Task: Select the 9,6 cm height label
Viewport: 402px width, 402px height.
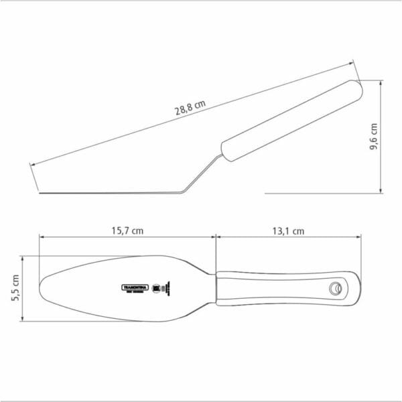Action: [x=374, y=137]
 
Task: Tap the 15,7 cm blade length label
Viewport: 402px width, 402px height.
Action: [x=127, y=230]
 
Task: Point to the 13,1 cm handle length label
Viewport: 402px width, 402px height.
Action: [x=289, y=230]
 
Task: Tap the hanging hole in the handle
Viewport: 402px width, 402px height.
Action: [x=334, y=289]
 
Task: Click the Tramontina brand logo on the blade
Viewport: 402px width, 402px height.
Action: [x=134, y=287]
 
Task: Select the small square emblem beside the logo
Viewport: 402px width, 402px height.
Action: [x=157, y=288]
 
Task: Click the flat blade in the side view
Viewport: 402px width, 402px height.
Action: [x=107, y=193]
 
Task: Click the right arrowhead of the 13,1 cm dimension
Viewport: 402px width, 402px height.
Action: [x=360, y=237]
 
